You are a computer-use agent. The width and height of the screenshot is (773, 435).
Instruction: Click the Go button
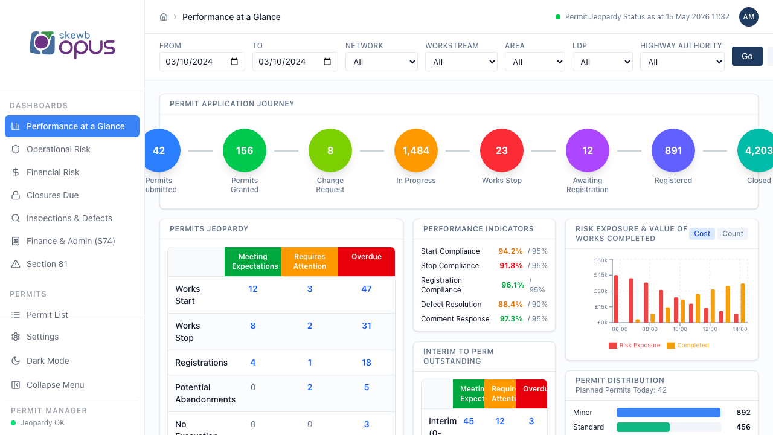tap(747, 56)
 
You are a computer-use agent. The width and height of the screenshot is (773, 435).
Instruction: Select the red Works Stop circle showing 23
tap(501, 150)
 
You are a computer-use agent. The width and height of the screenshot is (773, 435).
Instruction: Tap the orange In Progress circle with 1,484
tap(416, 150)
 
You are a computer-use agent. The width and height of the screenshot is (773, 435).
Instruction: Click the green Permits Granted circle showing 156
tap(245, 150)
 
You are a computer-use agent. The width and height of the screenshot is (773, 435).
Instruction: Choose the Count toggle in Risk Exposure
tap(733, 234)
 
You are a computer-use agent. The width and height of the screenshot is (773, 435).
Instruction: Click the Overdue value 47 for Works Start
tap(367, 289)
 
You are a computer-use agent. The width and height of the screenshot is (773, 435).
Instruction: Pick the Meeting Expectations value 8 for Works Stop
tap(253, 326)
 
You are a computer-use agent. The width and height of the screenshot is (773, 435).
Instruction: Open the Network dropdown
tap(382, 62)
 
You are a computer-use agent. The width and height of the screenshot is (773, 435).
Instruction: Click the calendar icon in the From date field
tap(234, 62)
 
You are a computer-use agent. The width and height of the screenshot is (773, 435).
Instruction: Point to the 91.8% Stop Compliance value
tap(511, 266)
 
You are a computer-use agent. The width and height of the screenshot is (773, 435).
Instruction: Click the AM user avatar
tap(748, 17)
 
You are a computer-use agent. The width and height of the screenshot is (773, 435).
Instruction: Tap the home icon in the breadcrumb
tap(164, 17)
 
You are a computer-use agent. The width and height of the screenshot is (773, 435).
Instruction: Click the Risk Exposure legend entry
tap(634, 345)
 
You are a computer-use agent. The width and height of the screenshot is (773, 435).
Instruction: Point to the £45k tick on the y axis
tap(600, 275)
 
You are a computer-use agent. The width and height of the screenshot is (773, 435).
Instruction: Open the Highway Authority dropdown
tap(682, 62)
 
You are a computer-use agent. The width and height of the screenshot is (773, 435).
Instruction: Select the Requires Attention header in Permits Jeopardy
tap(310, 262)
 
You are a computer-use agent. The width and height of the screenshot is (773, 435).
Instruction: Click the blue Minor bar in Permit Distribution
tap(668, 413)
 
